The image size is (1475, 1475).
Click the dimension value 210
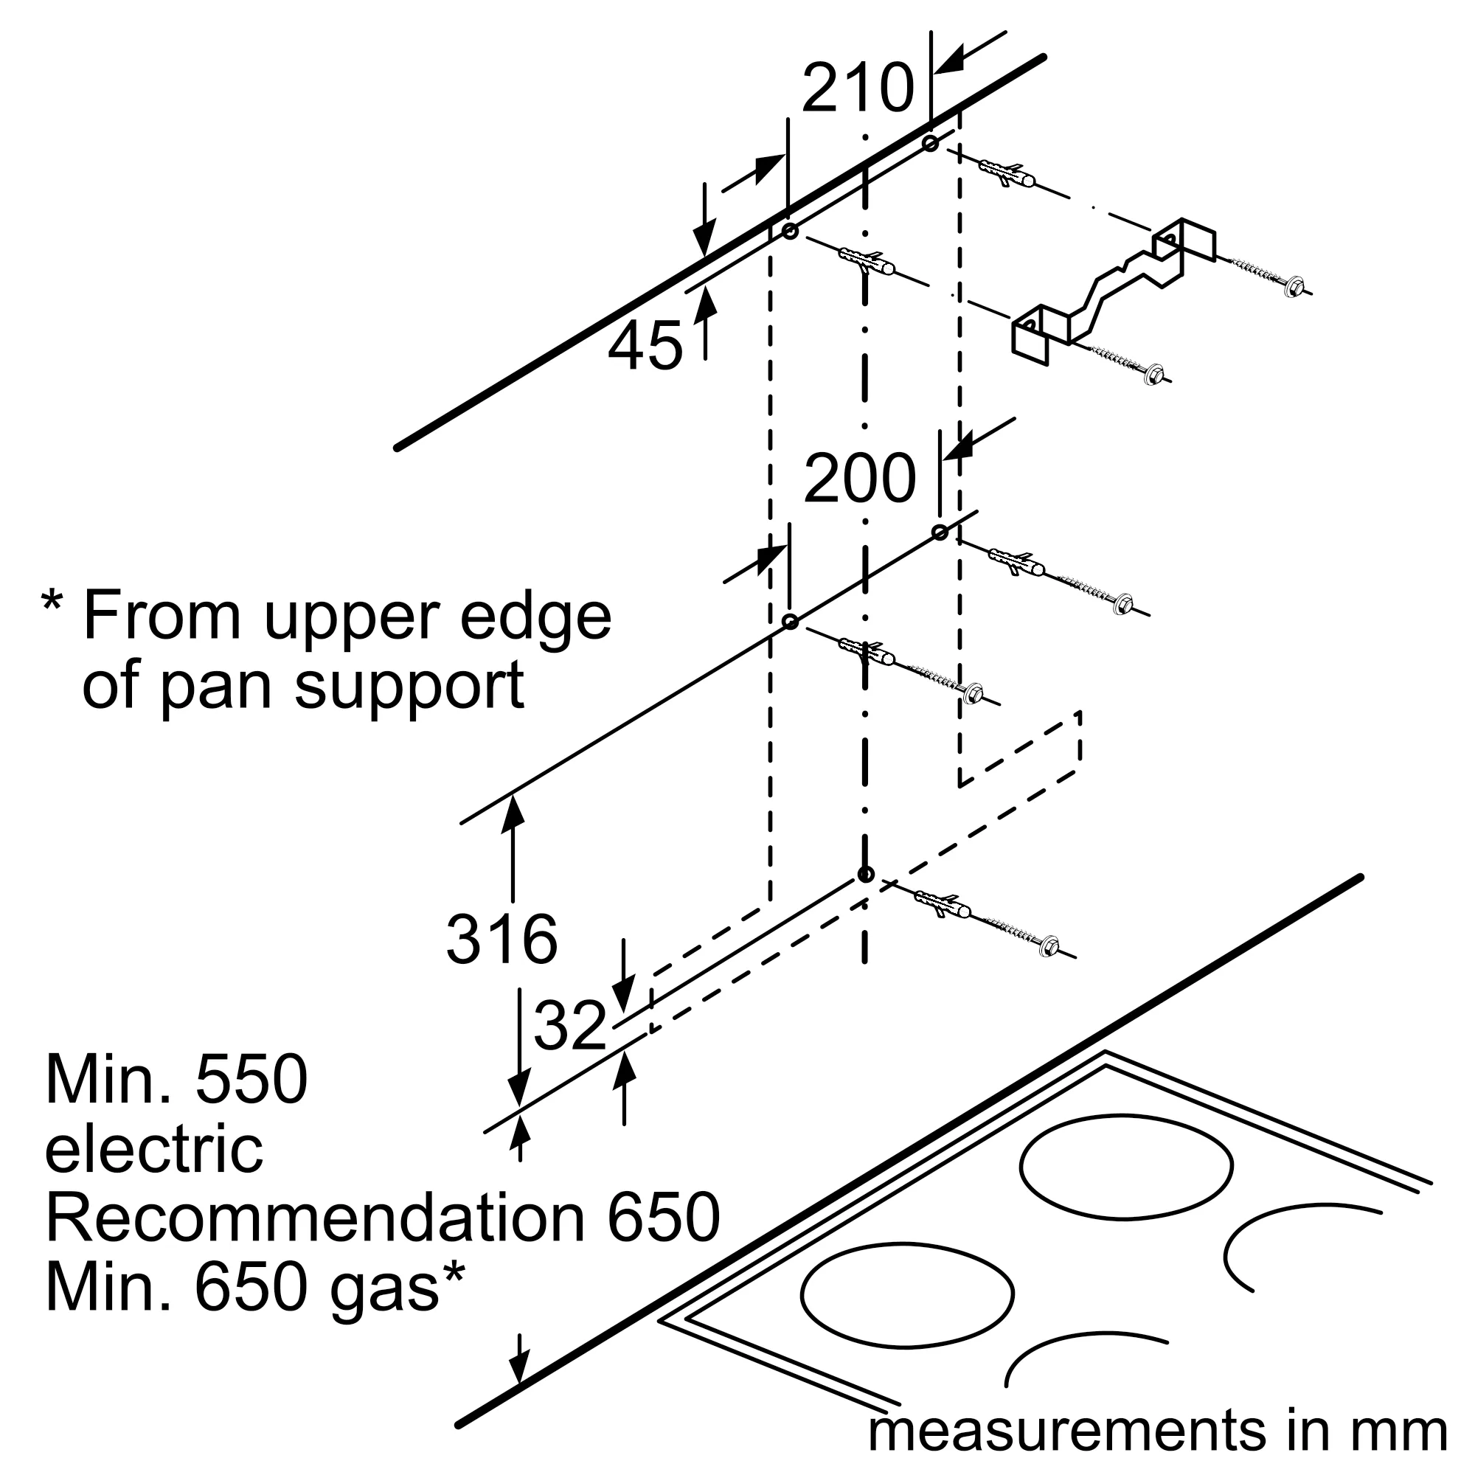point(858,88)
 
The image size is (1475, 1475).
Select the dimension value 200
point(859,479)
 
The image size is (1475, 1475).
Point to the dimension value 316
point(502,939)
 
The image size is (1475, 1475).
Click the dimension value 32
point(569,1026)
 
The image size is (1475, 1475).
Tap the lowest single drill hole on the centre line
point(864,875)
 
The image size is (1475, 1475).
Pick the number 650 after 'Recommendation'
point(663,1217)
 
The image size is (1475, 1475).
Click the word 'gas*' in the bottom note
point(397,1287)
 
